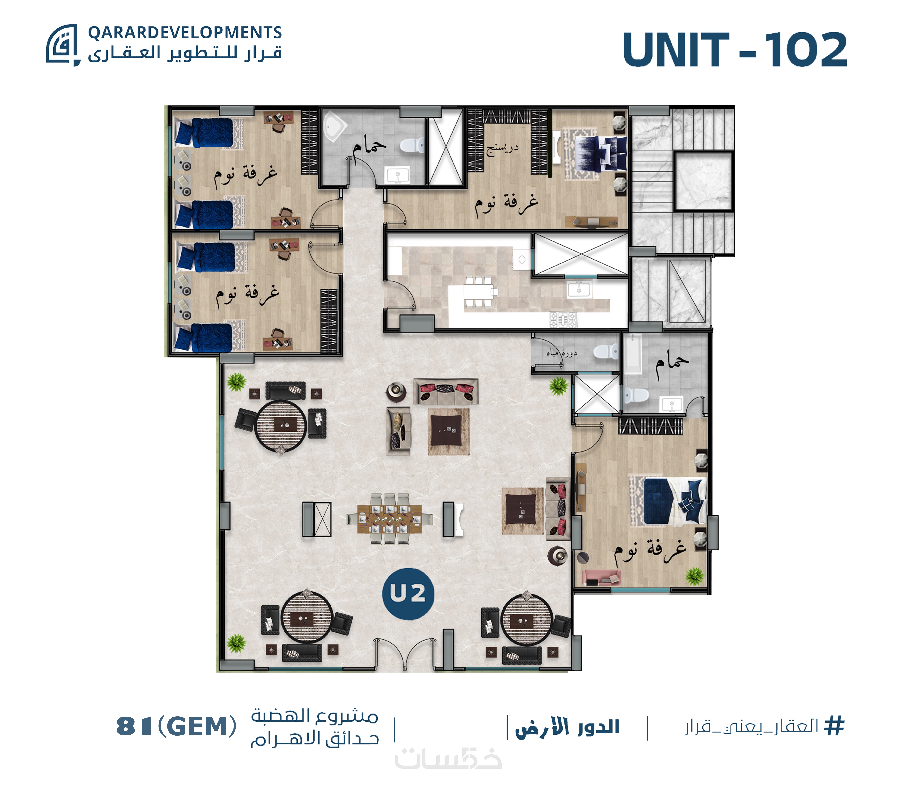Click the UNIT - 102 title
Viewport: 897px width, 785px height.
click(734, 50)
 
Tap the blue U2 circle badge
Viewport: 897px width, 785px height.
click(408, 594)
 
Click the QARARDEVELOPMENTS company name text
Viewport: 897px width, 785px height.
click(185, 32)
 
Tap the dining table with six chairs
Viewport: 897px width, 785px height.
click(389, 519)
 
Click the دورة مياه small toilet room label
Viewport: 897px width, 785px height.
click(562, 353)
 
